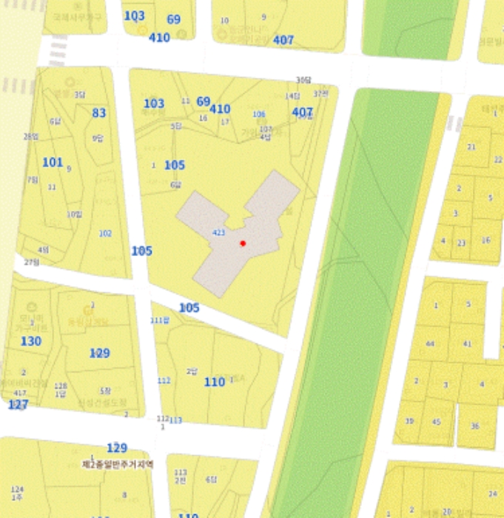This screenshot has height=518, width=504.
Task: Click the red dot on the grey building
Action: click(x=243, y=243)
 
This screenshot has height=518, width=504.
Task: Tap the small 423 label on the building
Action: click(x=218, y=232)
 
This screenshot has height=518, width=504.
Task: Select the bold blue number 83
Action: click(x=99, y=113)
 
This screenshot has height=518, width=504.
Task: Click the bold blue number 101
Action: click(x=53, y=162)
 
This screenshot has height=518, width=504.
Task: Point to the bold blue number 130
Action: click(x=31, y=341)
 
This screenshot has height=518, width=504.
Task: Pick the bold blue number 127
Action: click(x=19, y=405)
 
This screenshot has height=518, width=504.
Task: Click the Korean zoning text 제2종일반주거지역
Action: click(x=118, y=464)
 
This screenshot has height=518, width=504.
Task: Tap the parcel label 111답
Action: click(x=160, y=320)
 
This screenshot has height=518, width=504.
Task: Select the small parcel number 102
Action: click(x=105, y=233)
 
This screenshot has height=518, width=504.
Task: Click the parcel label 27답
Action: click(x=31, y=262)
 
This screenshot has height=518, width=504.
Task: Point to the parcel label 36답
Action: click(x=304, y=80)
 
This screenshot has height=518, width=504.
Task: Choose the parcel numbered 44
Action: click(x=430, y=344)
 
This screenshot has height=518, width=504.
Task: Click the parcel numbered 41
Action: click(x=467, y=344)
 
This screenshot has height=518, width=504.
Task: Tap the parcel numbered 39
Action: click(x=409, y=421)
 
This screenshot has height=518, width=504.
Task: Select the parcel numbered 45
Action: click(x=436, y=422)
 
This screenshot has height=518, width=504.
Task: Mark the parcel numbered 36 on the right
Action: click(x=474, y=425)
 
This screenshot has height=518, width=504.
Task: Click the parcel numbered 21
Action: click(x=471, y=147)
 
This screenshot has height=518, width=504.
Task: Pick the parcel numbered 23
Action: click(x=461, y=243)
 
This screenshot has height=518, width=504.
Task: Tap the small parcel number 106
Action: click(x=258, y=114)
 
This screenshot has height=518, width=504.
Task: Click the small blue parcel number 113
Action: click(x=175, y=420)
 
